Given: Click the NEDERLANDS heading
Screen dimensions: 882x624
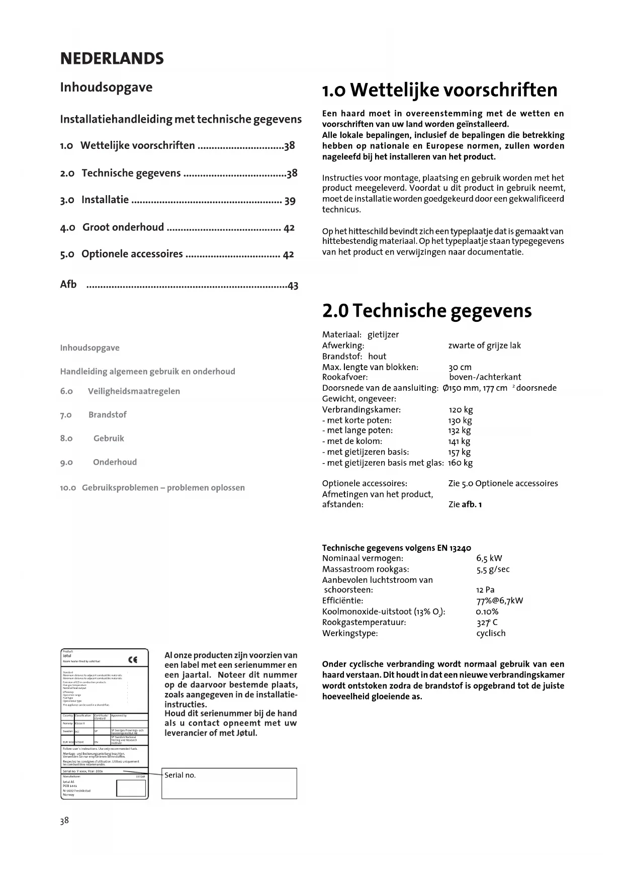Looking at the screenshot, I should click(112, 59).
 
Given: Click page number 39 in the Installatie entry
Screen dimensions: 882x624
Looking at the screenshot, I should click(290, 201).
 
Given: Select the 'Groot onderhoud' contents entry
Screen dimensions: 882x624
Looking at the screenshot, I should click(123, 227).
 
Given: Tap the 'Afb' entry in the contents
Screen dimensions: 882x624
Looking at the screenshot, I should click(68, 285).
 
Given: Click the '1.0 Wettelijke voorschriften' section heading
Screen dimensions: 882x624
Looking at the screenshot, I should click(439, 91).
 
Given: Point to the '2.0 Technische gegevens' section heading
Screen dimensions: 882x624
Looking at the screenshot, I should click(426, 311).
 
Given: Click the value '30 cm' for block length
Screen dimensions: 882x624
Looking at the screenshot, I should click(460, 367).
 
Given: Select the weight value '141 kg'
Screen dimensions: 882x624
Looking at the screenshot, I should click(459, 442).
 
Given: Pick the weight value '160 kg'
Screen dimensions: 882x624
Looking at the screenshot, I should click(460, 463).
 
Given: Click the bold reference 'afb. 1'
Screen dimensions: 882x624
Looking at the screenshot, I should click(472, 504).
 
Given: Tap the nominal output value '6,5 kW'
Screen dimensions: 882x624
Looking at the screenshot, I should click(489, 558).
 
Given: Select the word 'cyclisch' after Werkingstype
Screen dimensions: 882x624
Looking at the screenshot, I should click(491, 633).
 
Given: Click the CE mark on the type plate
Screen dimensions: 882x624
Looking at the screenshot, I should click(133, 660).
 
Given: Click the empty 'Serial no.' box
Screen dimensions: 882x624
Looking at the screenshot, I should click(229, 783).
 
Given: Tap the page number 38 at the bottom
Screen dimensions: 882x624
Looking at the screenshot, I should click(64, 821).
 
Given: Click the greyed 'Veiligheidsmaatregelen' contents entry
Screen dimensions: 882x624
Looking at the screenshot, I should click(134, 391).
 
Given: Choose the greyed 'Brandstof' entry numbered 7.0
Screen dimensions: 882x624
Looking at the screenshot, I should click(107, 415).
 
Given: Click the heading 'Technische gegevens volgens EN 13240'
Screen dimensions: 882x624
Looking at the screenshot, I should click(396, 548).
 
